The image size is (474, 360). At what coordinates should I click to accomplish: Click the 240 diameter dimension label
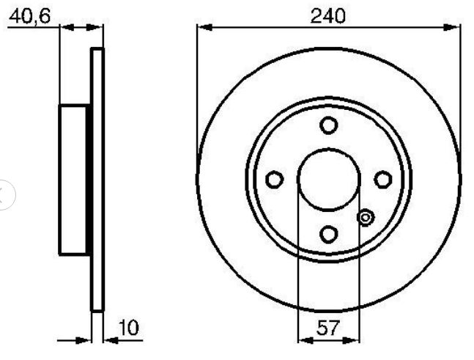[327, 15]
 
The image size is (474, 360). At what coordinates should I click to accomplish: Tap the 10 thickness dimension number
[129, 327]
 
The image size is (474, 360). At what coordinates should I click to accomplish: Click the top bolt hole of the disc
[329, 125]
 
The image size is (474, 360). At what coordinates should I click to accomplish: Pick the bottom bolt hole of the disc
[329, 234]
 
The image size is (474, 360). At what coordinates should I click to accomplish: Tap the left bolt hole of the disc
[275, 180]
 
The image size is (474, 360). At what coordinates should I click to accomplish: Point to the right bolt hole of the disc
[383, 180]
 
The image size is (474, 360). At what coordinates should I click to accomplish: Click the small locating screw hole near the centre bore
[366, 218]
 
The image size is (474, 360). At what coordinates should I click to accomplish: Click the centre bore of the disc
[329, 180]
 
